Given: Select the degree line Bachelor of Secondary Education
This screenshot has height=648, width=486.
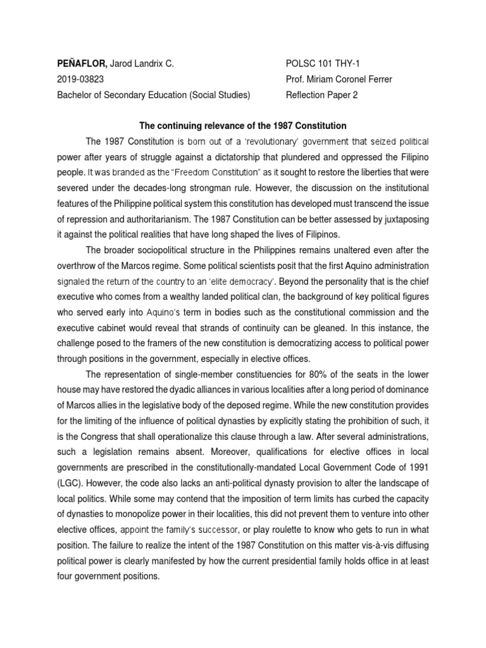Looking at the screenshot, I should pyautogui.click(x=127, y=95).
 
